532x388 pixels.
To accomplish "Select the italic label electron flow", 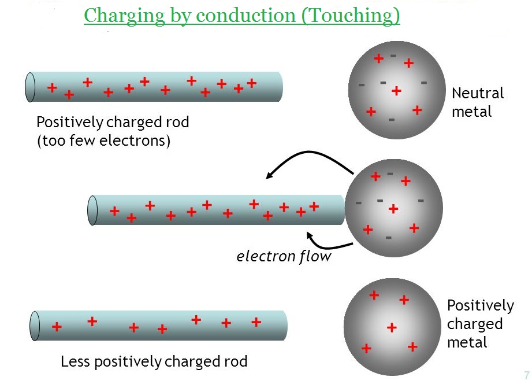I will coord(284,256).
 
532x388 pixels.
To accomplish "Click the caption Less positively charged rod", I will coord(154,362).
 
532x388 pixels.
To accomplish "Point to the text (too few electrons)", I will coord(103,141).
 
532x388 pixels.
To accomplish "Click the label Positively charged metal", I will coord(480,324).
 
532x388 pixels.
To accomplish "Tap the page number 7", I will coord(526,375).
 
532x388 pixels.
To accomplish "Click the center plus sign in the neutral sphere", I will coord(396,90).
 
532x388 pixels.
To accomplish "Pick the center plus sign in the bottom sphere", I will coord(392,327).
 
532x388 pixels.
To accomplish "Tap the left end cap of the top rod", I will coord(31,87).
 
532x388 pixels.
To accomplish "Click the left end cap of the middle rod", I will coord(92,210).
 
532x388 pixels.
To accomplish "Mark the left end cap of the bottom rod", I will coord(35,326).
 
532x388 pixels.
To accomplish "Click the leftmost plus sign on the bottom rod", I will coord(57,327).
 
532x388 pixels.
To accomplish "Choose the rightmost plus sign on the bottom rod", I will coord(256,322).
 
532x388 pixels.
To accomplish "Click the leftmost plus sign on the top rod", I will coord(52,88).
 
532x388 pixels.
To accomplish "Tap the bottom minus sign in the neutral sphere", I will coord(392,120).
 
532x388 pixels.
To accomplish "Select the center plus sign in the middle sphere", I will coord(393,209).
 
